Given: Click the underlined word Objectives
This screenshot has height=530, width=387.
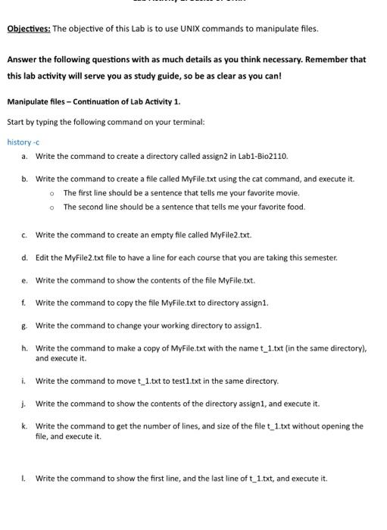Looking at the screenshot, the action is (x=29, y=29).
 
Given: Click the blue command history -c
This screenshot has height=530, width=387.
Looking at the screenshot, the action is (x=23, y=142).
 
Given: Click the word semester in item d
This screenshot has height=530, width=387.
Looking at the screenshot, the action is (x=319, y=257).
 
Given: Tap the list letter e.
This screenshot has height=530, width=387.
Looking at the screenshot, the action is (x=24, y=280).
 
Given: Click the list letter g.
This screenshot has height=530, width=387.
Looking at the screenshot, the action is (x=24, y=326).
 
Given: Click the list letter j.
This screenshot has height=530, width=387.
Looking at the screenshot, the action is (x=24, y=404).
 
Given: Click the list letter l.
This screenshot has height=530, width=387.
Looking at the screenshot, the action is (x=24, y=479).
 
